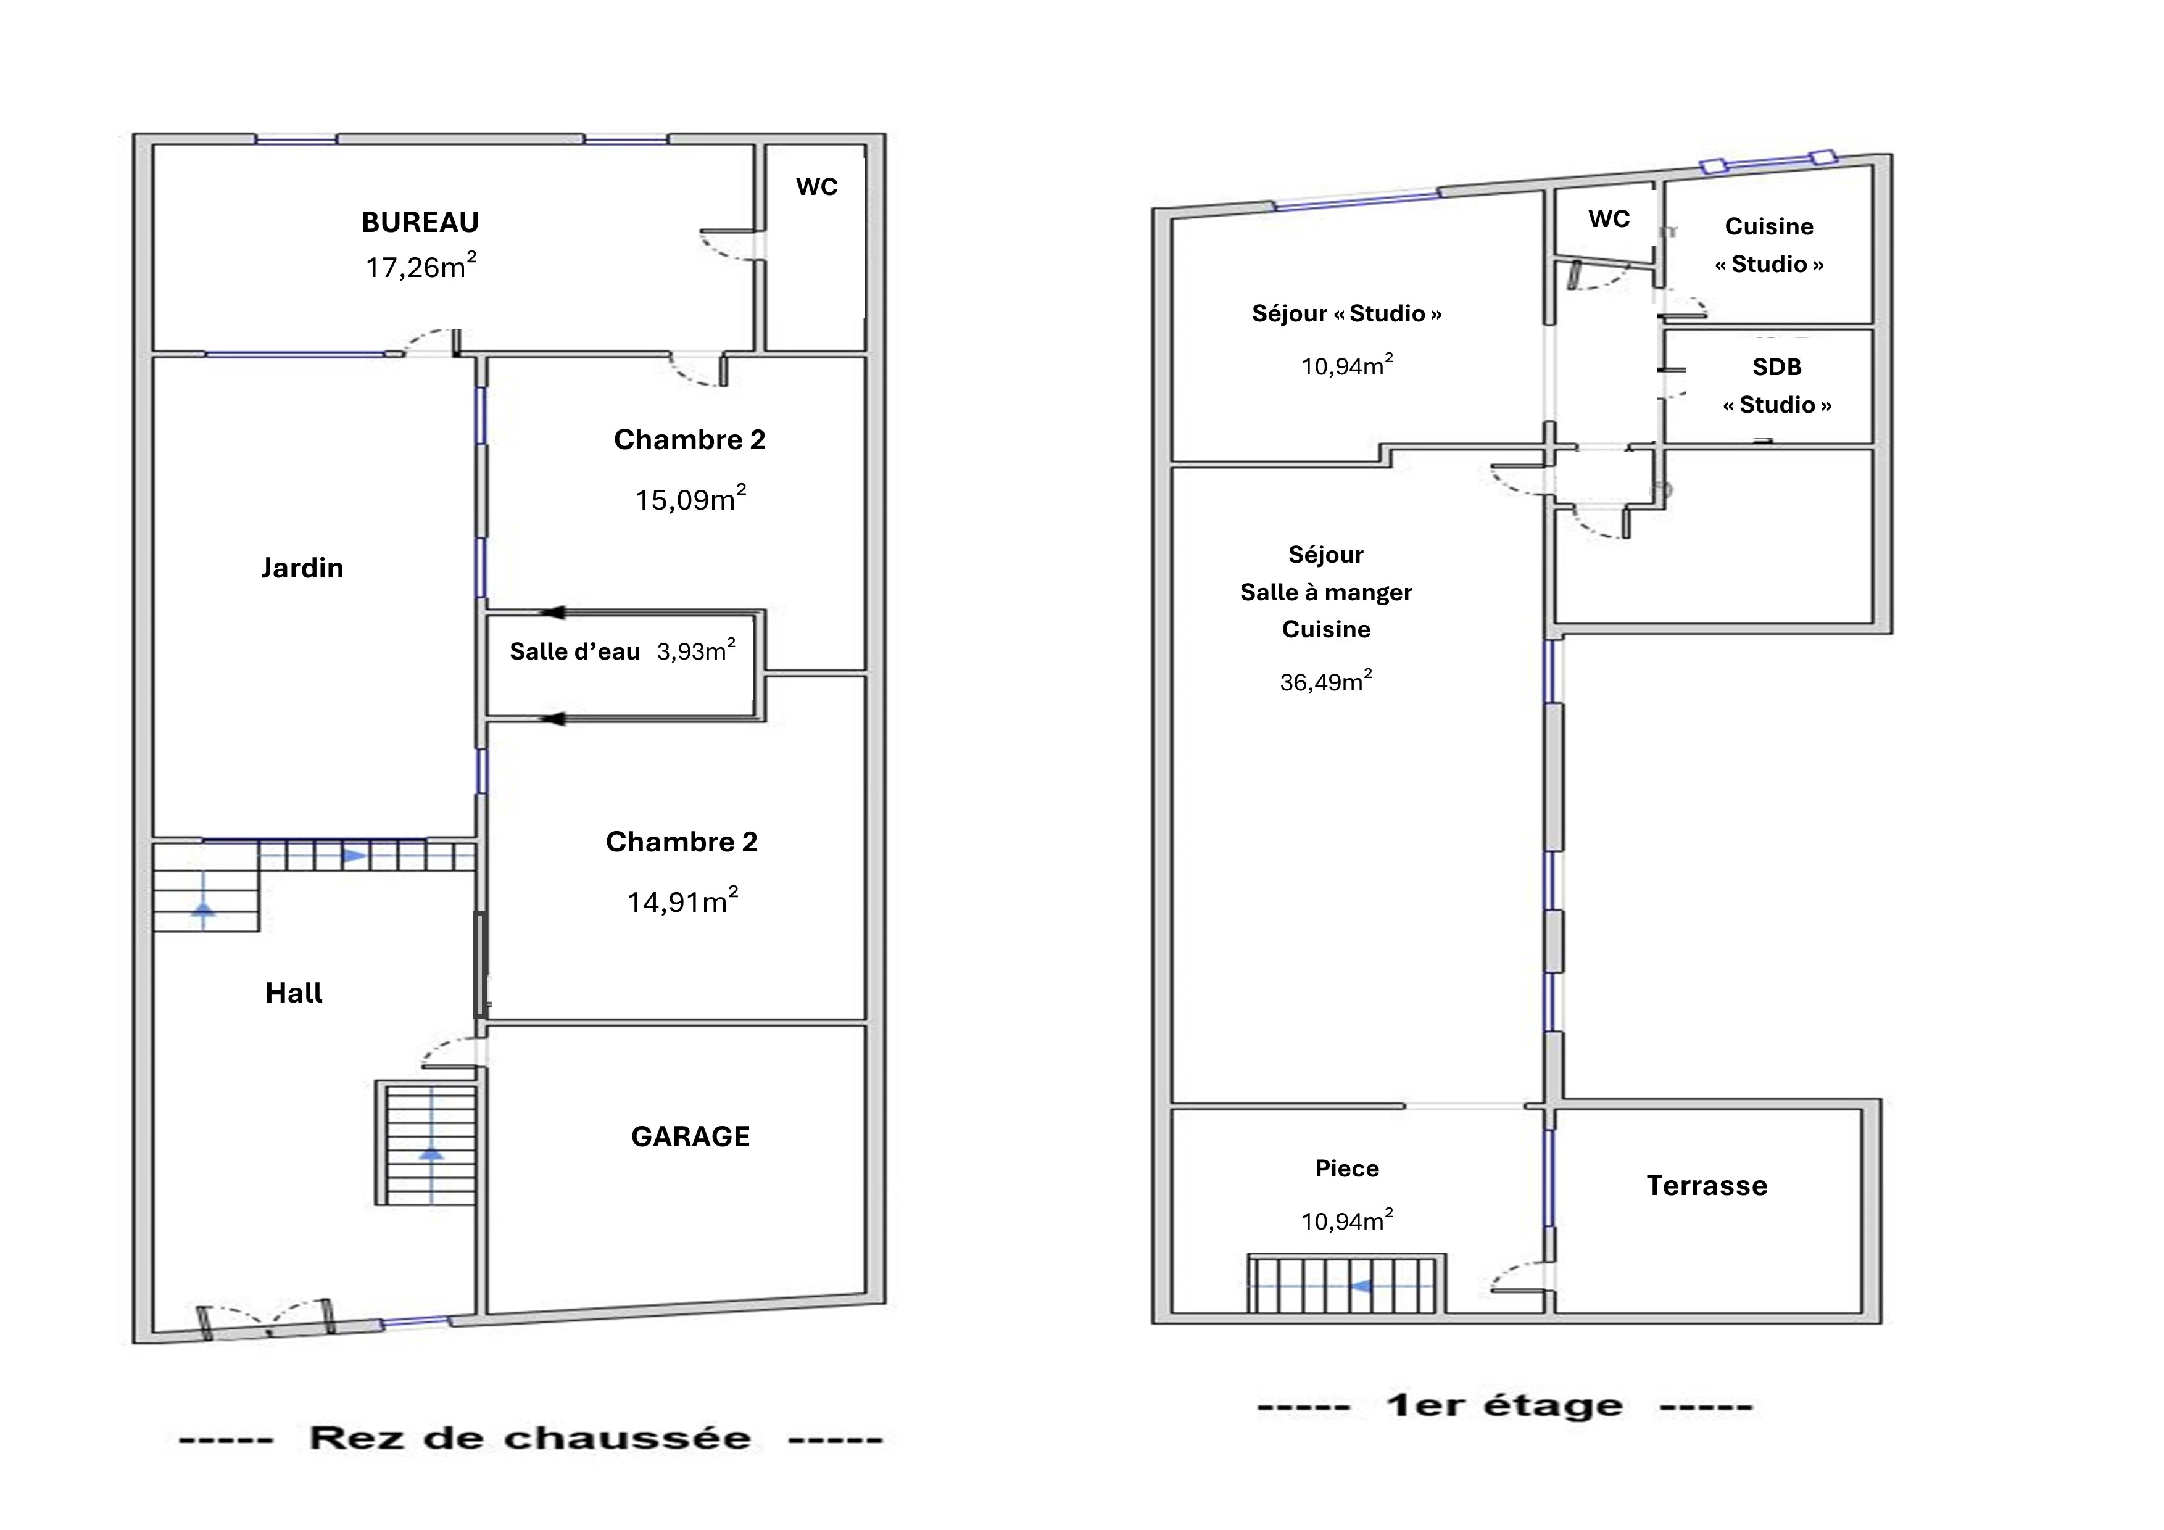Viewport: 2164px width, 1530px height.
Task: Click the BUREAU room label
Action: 420,222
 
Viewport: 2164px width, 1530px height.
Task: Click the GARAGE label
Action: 691,1136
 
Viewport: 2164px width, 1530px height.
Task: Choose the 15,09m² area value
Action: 691,498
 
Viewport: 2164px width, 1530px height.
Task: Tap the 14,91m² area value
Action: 683,901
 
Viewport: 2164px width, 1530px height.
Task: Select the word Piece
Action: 1347,1168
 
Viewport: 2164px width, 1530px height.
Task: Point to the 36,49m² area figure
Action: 1326,680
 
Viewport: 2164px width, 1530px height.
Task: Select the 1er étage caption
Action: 1504,1405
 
